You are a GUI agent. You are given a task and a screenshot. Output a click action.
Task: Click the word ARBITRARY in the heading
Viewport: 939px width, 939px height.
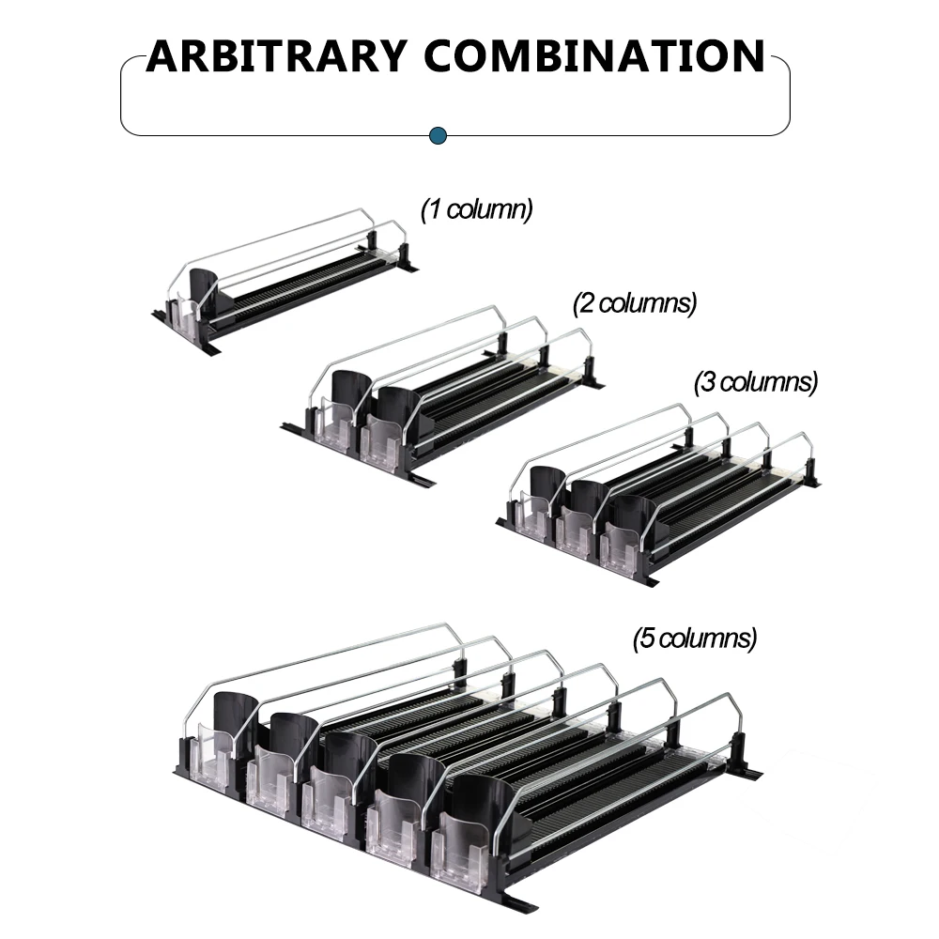[x=276, y=56]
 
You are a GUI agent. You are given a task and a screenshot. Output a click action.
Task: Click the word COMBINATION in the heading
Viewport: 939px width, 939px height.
[x=594, y=56]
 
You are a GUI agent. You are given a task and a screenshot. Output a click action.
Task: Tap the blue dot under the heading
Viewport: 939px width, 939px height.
[x=439, y=136]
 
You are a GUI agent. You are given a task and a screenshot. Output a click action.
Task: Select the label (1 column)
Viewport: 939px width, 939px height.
[x=477, y=209]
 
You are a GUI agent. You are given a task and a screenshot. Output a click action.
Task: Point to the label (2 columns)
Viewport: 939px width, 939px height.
[x=635, y=303]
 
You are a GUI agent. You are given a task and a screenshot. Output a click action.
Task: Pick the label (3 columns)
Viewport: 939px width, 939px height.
[x=756, y=382]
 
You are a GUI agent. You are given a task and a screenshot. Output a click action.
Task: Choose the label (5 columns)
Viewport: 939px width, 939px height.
[x=695, y=639]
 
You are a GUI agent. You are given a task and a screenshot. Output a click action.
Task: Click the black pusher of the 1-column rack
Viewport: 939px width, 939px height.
[x=206, y=288]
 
